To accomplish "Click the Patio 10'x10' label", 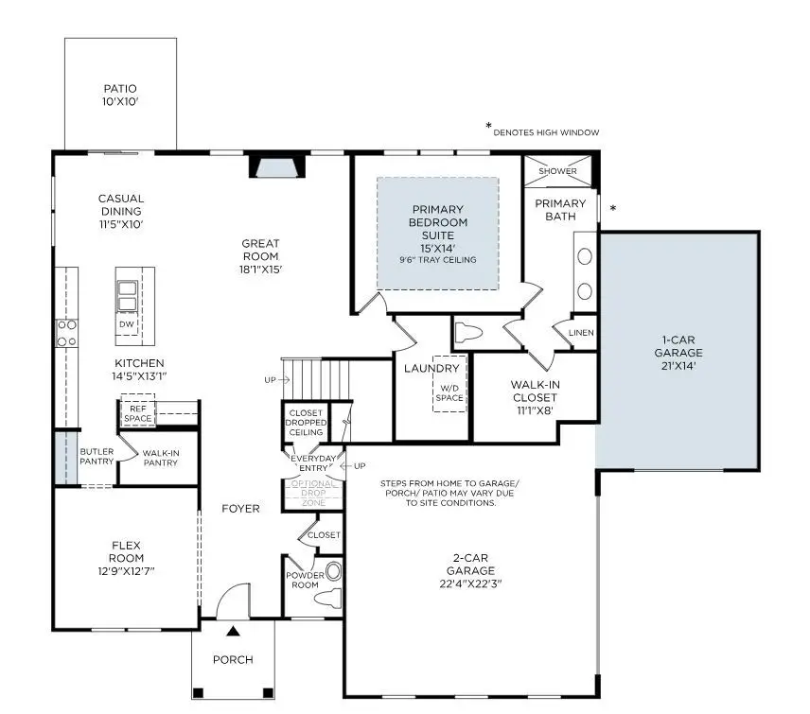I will pyautogui.click(x=120, y=95).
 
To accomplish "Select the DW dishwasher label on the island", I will pyautogui.click(x=127, y=324).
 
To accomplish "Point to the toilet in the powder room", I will pyautogui.click(x=326, y=596).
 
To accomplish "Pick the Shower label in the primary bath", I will pyautogui.click(x=557, y=171).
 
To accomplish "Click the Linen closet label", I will pyautogui.click(x=581, y=333).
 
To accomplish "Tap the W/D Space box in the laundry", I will pyautogui.click(x=449, y=392).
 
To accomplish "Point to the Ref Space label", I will pyautogui.click(x=137, y=413).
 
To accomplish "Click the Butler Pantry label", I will pyautogui.click(x=97, y=457).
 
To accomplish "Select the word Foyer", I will pyautogui.click(x=240, y=508).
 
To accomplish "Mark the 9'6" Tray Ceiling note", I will pyautogui.click(x=438, y=260).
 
